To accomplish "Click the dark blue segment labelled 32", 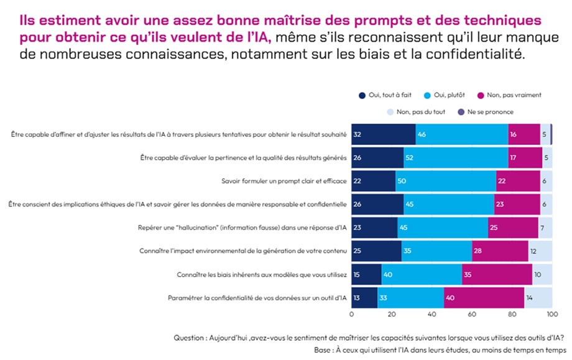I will (x=384, y=134).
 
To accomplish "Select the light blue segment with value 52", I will (x=456, y=158).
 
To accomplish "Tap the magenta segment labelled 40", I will (x=484, y=298).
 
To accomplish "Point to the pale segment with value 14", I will (x=538, y=298).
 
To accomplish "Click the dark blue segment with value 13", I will (x=364, y=298).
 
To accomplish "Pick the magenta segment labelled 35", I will (x=497, y=274).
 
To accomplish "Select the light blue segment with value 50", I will (x=445, y=181).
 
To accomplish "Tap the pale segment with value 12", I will (x=540, y=251).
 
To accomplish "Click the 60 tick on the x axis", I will (x=471, y=315).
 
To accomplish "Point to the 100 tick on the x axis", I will (x=550, y=315).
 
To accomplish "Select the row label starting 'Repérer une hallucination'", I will (x=242, y=228).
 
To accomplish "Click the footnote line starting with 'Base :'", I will (x=440, y=350).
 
